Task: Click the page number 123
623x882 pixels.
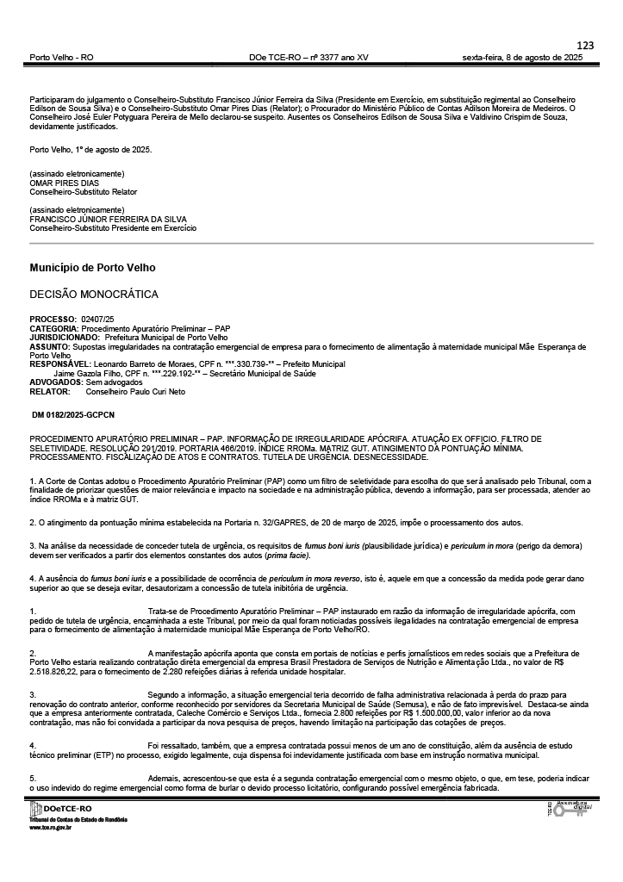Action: pyautogui.click(x=585, y=45)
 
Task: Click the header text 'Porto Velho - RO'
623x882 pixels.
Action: pyautogui.click(x=61, y=57)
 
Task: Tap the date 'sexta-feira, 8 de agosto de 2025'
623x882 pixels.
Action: pyautogui.click(x=522, y=57)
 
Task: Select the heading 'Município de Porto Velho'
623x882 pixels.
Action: pyautogui.click(x=92, y=268)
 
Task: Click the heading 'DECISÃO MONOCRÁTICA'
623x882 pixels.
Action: pyautogui.click(x=94, y=295)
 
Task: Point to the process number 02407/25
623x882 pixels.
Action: pyautogui.click(x=97, y=320)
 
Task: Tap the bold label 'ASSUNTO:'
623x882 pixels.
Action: pyautogui.click(x=48, y=346)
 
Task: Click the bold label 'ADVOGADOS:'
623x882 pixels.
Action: pyautogui.click(x=56, y=382)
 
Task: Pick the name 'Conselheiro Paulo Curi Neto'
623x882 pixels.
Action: pyautogui.click(x=135, y=390)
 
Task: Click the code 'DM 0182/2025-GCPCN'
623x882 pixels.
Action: pyautogui.click(x=72, y=415)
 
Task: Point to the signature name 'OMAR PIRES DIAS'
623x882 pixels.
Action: pyautogui.click(x=64, y=183)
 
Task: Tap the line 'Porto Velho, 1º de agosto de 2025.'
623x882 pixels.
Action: pyautogui.click(x=90, y=149)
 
